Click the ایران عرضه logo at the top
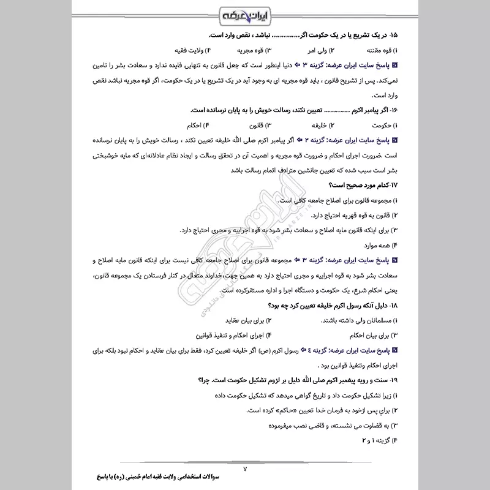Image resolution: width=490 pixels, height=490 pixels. tap(244, 13)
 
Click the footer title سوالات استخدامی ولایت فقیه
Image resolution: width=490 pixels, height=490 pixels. tap(233, 476)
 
